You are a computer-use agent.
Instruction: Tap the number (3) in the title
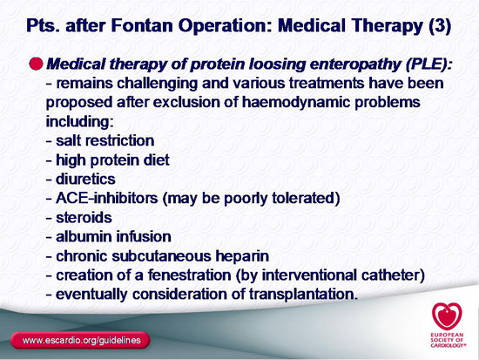tap(440, 26)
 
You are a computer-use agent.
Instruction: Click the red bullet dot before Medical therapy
tap(37, 64)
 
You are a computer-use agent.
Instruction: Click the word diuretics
tap(85, 180)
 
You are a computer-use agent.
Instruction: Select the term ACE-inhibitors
tap(106, 198)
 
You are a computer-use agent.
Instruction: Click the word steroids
tap(84, 218)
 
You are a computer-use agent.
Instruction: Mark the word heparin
tap(243, 256)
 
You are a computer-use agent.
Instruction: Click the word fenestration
tap(189, 275)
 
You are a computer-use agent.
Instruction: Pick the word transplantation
tap(303, 295)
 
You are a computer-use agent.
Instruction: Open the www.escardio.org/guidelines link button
tap(80, 341)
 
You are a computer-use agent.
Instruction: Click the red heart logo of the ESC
tap(447, 316)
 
